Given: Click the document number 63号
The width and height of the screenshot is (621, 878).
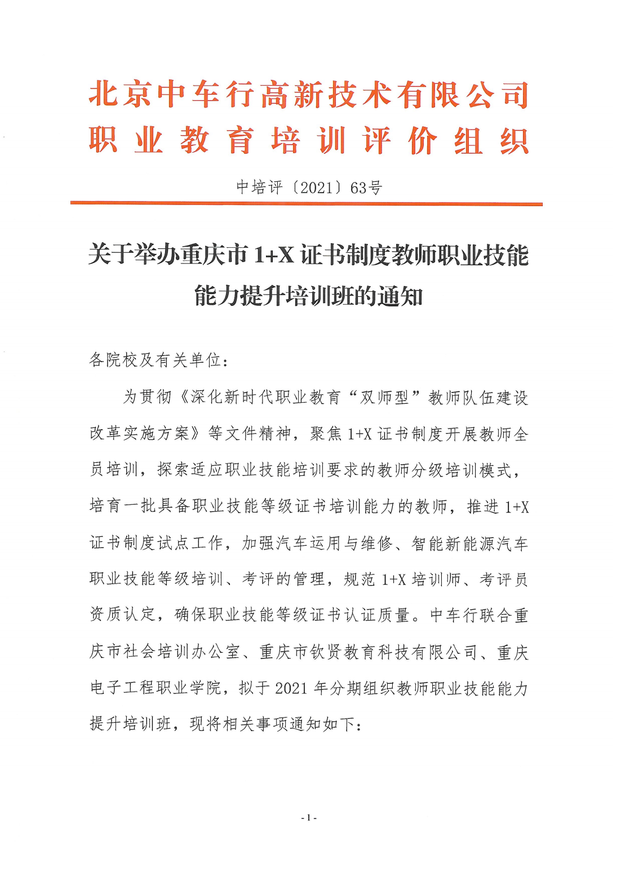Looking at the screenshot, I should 366,188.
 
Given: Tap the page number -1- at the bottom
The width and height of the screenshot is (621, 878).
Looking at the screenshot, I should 309,817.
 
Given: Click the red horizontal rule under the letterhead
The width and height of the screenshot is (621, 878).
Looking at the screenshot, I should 306,204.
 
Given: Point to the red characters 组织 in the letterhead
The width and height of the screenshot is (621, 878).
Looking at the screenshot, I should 491,141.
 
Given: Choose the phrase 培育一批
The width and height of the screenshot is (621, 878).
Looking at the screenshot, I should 122,506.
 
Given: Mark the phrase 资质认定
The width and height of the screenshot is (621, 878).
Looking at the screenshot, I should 122,614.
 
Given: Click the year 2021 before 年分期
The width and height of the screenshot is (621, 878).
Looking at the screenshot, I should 291,688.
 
